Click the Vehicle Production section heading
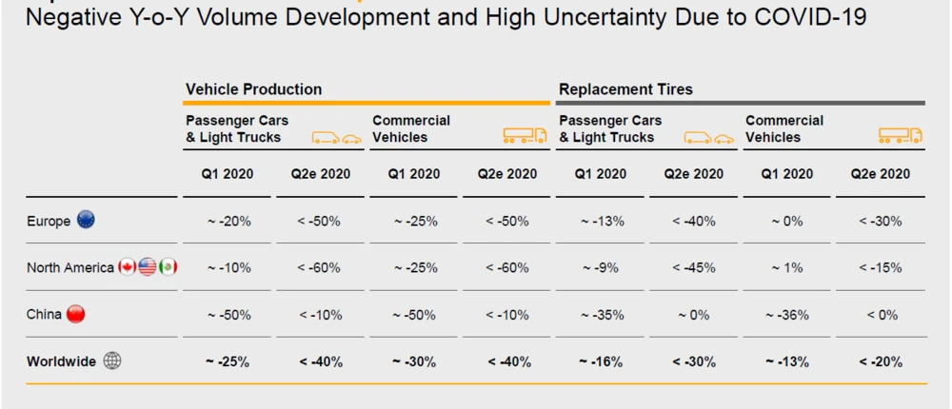click(253, 89)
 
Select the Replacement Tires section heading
click(625, 89)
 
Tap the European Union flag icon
click(86, 220)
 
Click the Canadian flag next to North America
click(128, 267)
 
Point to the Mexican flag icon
click(168, 267)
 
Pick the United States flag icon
click(148, 267)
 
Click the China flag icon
click(75, 314)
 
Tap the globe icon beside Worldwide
click(111, 361)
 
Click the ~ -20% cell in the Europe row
click(228, 222)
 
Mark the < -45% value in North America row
click(693, 268)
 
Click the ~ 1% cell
click(786, 268)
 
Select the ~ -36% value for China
click(786, 315)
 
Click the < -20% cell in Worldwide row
click(880, 361)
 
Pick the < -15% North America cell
click(880, 268)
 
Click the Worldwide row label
click(62, 361)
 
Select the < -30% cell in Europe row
click(880, 222)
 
